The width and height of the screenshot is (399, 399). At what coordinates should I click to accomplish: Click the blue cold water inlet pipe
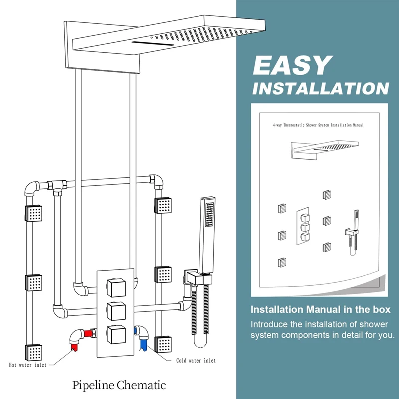142,336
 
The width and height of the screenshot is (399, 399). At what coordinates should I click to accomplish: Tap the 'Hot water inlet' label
28,365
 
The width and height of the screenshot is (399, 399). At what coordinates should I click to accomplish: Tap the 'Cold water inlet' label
196,360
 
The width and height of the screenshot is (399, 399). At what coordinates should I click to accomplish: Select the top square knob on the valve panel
116,288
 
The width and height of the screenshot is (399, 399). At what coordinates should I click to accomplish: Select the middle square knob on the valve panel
116,311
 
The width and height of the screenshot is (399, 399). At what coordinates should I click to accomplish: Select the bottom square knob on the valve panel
116,334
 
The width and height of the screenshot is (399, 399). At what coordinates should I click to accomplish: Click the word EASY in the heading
293,65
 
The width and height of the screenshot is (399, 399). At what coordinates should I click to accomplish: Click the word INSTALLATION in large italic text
321,88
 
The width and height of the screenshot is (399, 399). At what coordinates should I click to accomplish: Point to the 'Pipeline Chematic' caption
119,385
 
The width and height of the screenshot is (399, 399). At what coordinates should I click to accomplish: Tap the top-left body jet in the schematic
33,213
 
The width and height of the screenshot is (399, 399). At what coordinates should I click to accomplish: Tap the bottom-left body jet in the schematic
33,352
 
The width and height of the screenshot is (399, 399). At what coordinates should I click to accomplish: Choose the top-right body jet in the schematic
163,205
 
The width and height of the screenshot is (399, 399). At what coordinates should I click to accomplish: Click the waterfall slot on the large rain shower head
153,43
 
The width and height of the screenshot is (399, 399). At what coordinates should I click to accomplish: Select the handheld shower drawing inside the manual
353,232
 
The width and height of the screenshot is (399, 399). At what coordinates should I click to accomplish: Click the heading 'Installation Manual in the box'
320,309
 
